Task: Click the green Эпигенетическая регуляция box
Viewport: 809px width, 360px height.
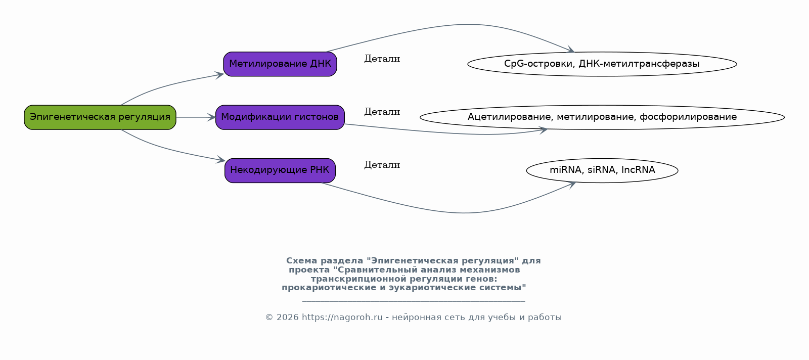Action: point(100,117)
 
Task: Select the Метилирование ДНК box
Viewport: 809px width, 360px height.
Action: point(280,64)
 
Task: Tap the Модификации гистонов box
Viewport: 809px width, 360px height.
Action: point(280,117)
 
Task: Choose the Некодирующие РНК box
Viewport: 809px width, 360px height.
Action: point(280,170)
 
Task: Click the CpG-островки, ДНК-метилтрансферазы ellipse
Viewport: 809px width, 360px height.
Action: point(602,64)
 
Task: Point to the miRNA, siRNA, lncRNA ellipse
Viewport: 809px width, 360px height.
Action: point(602,170)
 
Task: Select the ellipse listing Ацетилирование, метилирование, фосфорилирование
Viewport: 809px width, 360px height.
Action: point(602,117)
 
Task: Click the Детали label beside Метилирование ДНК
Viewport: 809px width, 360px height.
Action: point(382,59)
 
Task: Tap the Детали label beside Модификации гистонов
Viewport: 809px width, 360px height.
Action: point(382,112)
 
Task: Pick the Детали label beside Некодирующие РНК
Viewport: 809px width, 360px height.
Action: point(382,165)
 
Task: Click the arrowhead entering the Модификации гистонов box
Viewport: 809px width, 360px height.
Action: point(211,117)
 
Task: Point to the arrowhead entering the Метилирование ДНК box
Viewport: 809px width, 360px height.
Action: point(219,75)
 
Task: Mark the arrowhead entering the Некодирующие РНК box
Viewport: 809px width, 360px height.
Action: point(220,160)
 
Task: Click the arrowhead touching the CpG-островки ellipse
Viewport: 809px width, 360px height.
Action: point(570,50)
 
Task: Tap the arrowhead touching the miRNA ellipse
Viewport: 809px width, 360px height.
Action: point(571,185)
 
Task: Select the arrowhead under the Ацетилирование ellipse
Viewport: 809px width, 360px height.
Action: point(543,130)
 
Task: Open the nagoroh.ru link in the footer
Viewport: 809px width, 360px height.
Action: point(342,318)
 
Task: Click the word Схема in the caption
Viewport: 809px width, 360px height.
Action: point(301,261)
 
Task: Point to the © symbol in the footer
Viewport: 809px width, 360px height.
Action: point(269,318)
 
